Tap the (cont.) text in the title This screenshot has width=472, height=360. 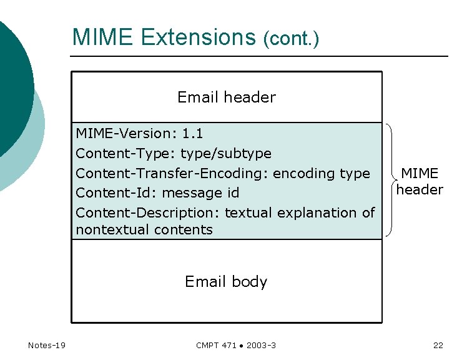[291, 39]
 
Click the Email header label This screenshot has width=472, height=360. [227, 97]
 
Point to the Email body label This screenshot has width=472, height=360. [226, 282]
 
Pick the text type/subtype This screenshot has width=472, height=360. [226, 153]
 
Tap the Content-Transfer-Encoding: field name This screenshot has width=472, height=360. [172, 173]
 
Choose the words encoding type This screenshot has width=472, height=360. [322, 173]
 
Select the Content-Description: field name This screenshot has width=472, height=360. [148, 213]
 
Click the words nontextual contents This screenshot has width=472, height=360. [144, 229]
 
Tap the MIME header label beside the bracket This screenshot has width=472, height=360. [420, 181]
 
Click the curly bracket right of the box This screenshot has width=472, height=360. [391, 180]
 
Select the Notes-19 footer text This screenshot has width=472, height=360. [47, 346]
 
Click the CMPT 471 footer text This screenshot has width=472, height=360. [216, 346]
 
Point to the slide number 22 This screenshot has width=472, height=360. [438, 346]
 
